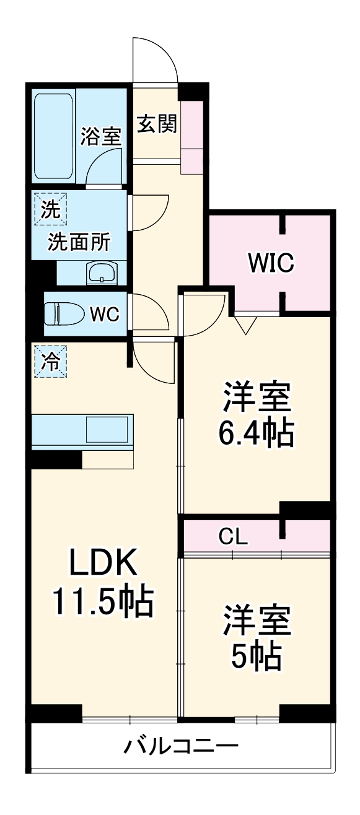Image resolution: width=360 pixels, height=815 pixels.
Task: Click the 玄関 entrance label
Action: click(x=157, y=124)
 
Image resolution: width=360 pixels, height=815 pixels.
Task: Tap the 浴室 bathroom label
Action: click(x=100, y=136)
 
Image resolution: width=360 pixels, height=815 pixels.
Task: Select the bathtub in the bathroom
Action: click(x=53, y=136)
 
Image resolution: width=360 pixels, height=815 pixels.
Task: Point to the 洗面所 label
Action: click(x=79, y=243)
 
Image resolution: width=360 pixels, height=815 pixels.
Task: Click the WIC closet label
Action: click(x=271, y=263)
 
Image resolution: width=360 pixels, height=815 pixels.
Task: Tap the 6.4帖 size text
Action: click(x=256, y=434)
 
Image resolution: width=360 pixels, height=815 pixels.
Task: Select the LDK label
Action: click(x=102, y=564)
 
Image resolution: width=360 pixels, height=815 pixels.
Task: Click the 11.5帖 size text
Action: click(x=102, y=601)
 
